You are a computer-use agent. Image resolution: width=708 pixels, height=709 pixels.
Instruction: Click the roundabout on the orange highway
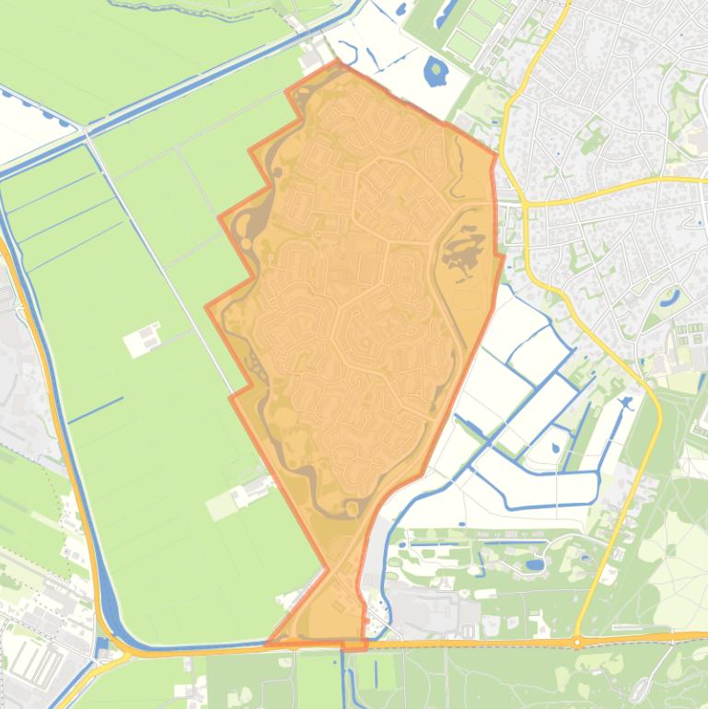(x=577, y=642)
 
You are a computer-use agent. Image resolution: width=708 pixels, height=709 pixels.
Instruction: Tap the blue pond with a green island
(x=435, y=70)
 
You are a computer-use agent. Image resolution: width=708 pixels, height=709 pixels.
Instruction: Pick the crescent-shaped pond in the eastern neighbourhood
(x=670, y=298)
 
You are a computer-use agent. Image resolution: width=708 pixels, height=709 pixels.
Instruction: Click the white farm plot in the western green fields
(x=145, y=339)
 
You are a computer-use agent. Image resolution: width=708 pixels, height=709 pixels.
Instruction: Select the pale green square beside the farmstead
(x=221, y=505)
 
